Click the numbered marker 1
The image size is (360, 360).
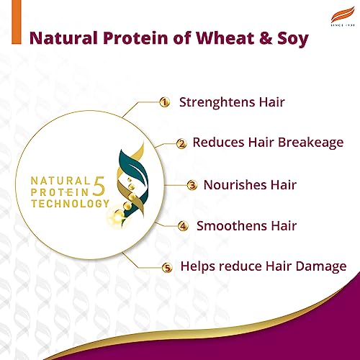tap(164, 102)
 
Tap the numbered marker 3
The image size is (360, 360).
tap(192, 185)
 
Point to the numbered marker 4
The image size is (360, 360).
tap(183, 226)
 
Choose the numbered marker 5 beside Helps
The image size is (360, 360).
tap(168, 268)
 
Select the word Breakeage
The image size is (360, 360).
tap(307, 143)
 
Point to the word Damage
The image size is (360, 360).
tap(318, 267)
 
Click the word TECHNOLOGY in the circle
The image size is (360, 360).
tap(66, 204)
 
